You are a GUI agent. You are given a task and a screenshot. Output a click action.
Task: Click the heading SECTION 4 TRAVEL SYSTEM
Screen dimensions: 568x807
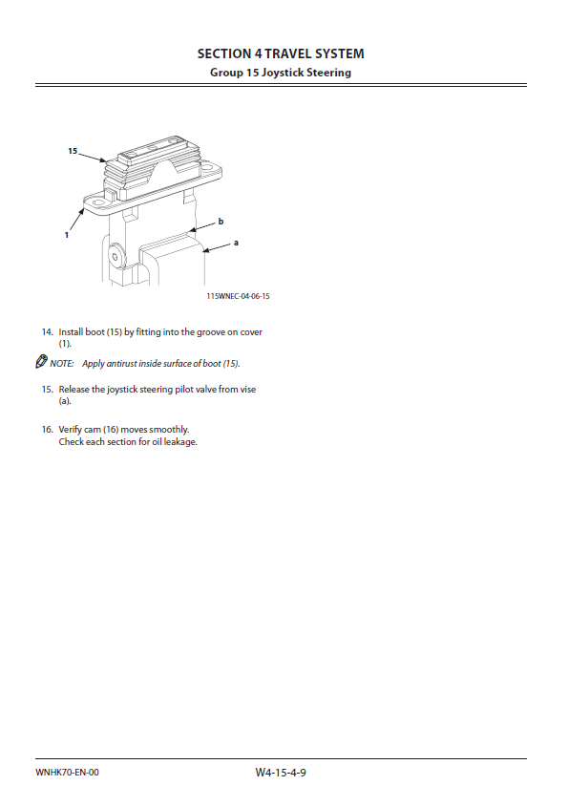tap(281, 53)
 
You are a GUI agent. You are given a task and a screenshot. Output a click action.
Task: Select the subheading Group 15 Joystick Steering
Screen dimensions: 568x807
tap(281, 72)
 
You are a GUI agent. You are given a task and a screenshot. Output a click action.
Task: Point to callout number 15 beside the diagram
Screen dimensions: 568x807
tap(73, 151)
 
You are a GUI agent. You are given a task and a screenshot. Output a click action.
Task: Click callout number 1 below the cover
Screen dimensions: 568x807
tap(67, 235)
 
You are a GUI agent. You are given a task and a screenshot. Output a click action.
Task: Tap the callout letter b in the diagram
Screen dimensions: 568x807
tap(221, 222)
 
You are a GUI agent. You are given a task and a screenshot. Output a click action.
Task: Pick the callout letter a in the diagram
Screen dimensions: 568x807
tap(236, 243)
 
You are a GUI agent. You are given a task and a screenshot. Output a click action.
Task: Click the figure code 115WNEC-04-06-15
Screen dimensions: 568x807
tap(238, 296)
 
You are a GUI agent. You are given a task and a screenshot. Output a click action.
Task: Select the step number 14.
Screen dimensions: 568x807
tap(48, 332)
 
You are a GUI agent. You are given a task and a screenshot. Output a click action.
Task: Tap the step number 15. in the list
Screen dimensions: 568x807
tap(48, 389)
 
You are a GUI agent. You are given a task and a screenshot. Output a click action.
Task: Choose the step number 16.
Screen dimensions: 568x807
tap(48, 429)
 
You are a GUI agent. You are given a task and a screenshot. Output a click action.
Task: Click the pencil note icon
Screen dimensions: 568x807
tap(41, 361)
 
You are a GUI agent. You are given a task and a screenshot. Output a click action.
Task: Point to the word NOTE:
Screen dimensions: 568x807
tap(62, 363)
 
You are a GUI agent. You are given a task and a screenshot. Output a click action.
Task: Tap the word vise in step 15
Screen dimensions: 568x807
tap(247, 389)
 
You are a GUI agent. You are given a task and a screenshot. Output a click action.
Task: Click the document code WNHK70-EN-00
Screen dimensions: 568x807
tap(67, 772)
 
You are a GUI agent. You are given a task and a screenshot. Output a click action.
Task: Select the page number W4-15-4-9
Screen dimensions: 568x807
tap(281, 772)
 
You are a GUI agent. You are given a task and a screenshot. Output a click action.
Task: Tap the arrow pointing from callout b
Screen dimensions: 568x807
tap(202, 227)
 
